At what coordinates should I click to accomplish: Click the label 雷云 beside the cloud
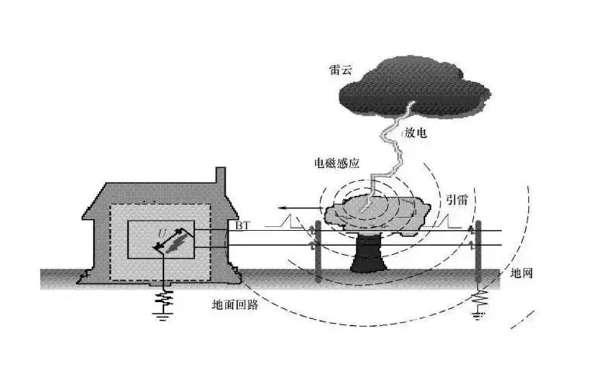[340, 70]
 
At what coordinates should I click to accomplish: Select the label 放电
[415, 132]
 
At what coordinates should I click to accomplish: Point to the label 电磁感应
[337, 163]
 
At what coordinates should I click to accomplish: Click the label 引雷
[456, 199]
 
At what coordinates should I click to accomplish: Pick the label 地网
[522, 273]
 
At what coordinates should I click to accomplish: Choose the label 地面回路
[235, 304]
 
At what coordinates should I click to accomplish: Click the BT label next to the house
[242, 225]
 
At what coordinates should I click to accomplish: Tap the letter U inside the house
[162, 232]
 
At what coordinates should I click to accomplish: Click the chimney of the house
[221, 176]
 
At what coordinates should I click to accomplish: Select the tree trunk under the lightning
[368, 253]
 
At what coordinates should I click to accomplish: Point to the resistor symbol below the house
[164, 298]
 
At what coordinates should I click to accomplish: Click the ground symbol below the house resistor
[163, 316]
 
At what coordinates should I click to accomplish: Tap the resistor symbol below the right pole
[479, 299]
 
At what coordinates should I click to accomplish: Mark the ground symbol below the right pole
[479, 316]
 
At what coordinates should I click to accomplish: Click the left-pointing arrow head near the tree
[282, 208]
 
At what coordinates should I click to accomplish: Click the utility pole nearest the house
[317, 252]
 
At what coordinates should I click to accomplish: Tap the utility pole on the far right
[478, 251]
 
